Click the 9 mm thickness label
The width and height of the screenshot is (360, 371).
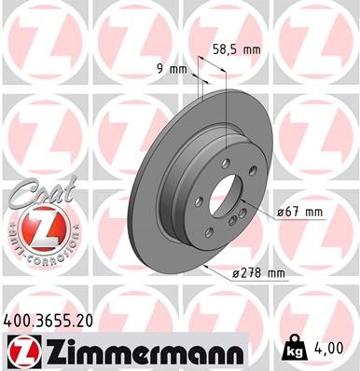171,67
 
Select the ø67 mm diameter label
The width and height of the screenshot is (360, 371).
300,213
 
